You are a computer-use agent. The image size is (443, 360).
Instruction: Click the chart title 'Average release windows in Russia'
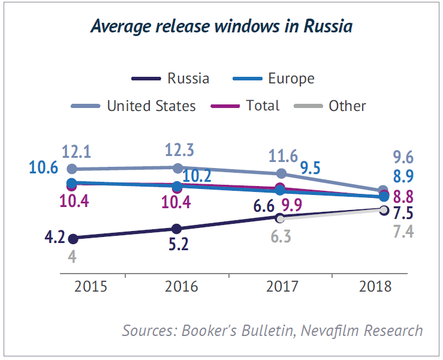pos(221,26)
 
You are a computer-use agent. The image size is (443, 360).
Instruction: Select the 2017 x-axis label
pos(282,286)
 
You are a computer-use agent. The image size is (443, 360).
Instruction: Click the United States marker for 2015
pos(72,169)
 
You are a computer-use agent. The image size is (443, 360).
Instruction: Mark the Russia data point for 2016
pos(176,229)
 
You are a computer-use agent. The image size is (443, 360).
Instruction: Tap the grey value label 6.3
pos(279,236)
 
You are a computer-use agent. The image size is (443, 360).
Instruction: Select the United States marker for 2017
pos(282,173)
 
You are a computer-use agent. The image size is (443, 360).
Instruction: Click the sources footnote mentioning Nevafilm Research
pos(273,330)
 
